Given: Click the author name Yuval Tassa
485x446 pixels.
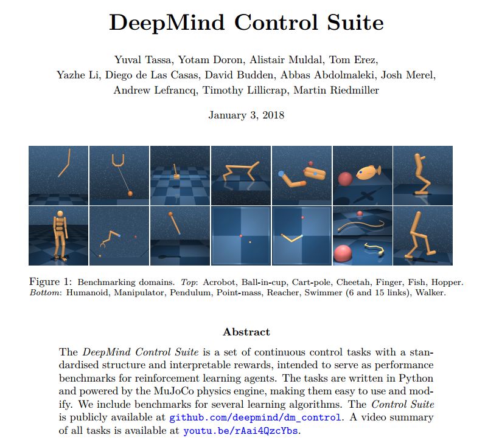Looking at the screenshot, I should [x=142, y=59].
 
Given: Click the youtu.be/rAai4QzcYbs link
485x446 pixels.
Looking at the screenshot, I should [x=242, y=431].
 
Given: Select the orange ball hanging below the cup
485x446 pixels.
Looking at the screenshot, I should [x=130, y=194].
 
